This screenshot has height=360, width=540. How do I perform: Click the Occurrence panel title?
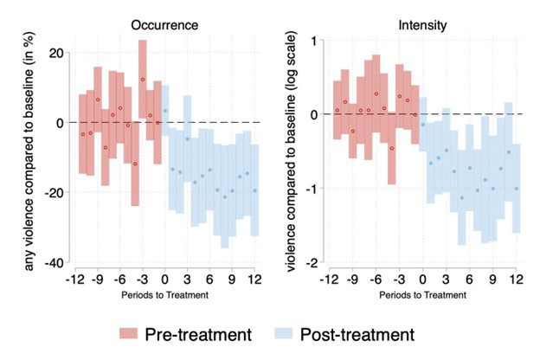[165, 26]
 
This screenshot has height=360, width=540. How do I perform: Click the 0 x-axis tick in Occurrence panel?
[165, 280]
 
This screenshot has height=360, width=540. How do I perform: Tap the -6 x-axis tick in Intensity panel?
[376, 280]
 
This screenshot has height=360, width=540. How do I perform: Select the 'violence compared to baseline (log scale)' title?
[291, 152]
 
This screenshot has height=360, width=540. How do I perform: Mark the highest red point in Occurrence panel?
[142, 80]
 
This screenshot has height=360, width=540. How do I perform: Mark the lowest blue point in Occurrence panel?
[225, 197]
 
